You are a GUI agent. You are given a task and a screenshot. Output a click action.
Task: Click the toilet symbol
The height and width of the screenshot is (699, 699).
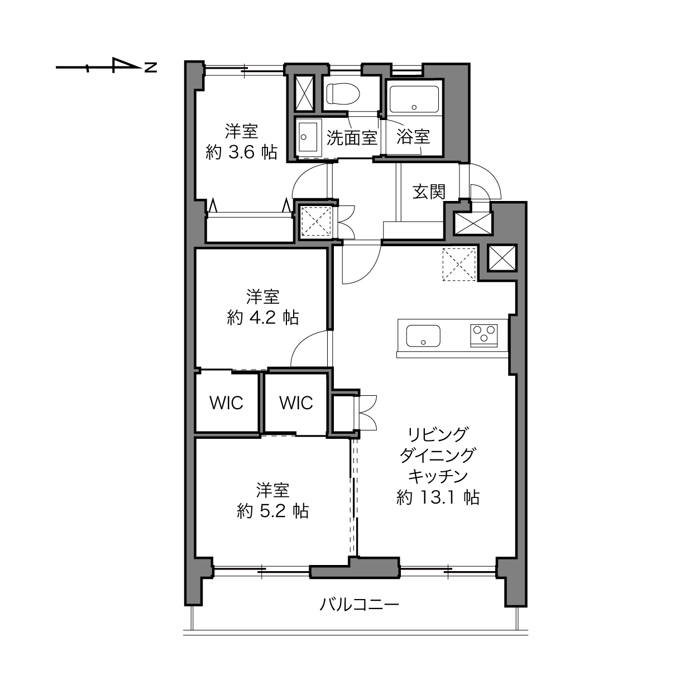point(342,94)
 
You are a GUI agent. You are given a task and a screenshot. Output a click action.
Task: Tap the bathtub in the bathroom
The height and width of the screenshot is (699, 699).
point(414,99)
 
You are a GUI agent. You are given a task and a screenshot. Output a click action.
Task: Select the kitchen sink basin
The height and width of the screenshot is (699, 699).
point(423,336)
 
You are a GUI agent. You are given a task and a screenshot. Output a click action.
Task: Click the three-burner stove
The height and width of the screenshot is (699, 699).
point(484,336)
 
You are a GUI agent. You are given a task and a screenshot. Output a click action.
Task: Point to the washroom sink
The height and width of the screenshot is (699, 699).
point(308,137)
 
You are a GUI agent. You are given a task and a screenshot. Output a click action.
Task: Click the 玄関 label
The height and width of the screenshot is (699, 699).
point(429,192)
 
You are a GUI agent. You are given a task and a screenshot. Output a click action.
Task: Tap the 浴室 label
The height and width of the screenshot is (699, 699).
point(413,137)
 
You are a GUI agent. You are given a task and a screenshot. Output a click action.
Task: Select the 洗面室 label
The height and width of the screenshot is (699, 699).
point(352,137)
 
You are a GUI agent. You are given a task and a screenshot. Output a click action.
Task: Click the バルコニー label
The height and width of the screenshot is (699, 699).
point(359,604)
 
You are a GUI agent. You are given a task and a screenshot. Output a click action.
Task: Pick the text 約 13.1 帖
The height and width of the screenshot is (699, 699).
point(438,497)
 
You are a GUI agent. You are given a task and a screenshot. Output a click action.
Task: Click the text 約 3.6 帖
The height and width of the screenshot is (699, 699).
point(242,152)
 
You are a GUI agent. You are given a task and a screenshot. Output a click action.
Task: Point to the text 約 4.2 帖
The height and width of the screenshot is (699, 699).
point(263,318)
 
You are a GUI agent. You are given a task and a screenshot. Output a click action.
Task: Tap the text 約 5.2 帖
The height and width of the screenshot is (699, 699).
point(273,511)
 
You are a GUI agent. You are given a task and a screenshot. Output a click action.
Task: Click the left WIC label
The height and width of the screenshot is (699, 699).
point(226,403)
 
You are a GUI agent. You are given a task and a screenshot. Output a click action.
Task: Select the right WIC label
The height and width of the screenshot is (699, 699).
point(296,403)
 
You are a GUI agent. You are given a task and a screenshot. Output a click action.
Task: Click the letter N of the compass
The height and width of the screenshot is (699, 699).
point(151,67)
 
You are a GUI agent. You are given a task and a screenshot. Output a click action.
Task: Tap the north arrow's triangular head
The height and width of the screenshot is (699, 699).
point(125,65)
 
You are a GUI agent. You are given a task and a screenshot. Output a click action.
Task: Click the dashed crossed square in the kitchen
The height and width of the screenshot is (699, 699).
point(459,264)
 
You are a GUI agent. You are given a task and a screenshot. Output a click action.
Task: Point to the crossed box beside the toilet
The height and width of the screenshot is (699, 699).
point(304,94)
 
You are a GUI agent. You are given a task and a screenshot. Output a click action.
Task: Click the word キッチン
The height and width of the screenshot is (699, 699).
point(438,476)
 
